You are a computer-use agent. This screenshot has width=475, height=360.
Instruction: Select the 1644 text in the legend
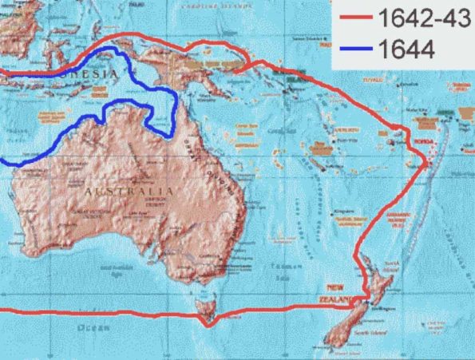point(398,51)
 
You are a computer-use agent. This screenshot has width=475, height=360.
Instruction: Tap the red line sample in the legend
point(354,19)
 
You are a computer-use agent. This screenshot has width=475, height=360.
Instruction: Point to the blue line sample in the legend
point(354,51)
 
